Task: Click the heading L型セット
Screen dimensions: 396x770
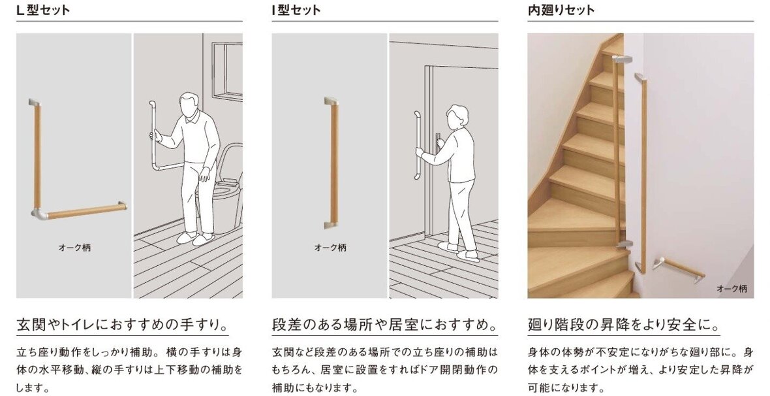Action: (43, 10)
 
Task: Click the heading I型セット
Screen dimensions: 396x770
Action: (296, 10)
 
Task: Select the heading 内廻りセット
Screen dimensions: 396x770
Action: (561, 10)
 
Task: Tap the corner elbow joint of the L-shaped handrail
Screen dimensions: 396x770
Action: (38, 213)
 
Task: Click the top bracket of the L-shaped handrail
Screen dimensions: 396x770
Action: (33, 103)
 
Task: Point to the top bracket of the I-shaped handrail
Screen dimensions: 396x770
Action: (331, 102)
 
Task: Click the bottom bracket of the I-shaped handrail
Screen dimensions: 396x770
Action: (331, 224)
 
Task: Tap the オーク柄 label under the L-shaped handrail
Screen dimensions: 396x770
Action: (74, 248)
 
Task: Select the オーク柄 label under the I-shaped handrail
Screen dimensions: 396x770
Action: (330, 248)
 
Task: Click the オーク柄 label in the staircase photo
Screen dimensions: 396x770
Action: (731, 288)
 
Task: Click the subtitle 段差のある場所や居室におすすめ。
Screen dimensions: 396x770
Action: (384, 325)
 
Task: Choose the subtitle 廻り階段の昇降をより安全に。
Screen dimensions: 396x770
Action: (624, 325)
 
